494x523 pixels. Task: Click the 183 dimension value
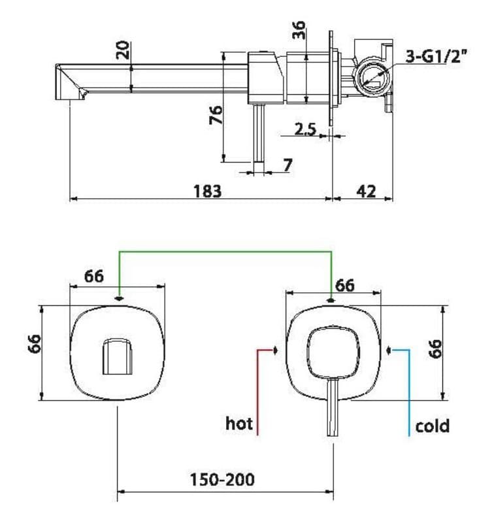click(207, 191)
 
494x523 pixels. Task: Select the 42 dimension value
click(366, 191)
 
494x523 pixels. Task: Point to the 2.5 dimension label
click(305, 129)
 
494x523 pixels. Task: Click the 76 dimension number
click(216, 114)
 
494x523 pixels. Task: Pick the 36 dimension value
click(299, 29)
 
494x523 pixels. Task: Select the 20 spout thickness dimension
click(123, 50)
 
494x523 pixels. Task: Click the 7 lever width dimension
click(288, 165)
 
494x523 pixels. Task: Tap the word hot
click(239, 423)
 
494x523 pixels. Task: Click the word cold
click(432, 426)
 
